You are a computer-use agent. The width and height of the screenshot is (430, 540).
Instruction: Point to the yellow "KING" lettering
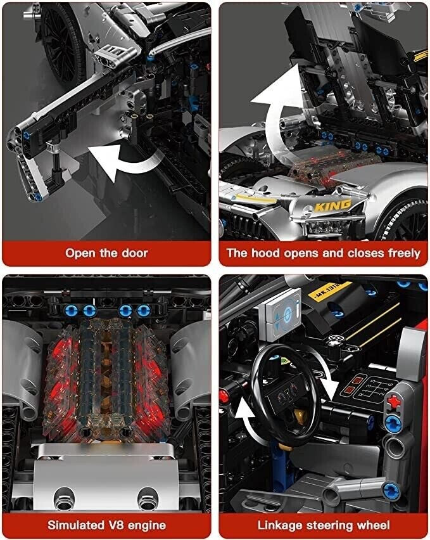pos(332,205)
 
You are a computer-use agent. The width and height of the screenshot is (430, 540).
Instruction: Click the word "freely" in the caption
pos(404,253)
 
